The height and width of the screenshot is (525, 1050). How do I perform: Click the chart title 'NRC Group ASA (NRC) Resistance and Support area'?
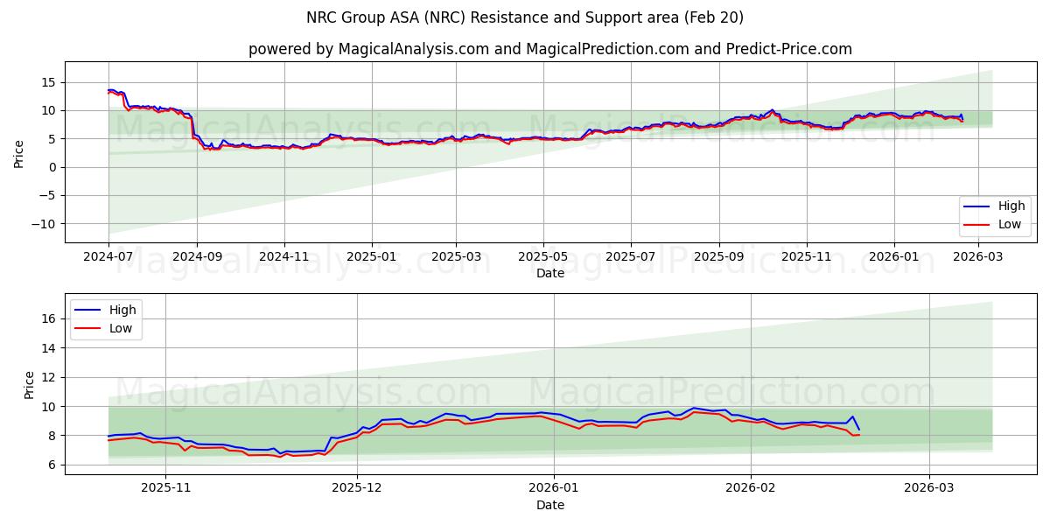tap(525, 17)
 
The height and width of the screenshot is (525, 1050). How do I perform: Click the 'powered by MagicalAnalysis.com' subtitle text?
tap(368, 49)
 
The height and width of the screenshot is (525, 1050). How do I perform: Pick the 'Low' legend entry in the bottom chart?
tap(121, 328)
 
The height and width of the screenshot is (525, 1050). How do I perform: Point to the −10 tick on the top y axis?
tap(42, 224)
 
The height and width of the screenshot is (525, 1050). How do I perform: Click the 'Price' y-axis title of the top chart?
tap(18, 152)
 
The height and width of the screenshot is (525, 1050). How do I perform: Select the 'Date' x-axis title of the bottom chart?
tap(549, 505)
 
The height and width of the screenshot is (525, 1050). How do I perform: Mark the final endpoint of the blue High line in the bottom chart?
tap(858, 429)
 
